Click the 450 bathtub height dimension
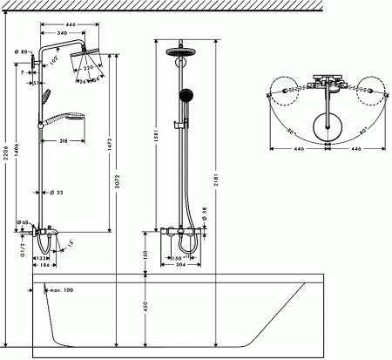(145, 306)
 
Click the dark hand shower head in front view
(183, 93)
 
